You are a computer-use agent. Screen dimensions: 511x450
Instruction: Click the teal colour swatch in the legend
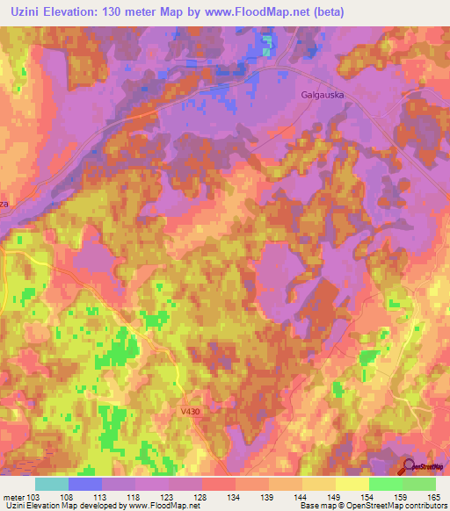point(52,483)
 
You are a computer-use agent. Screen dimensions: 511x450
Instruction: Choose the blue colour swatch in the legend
point(85,483)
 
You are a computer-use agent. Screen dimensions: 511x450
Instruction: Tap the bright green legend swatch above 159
point(385,483)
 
